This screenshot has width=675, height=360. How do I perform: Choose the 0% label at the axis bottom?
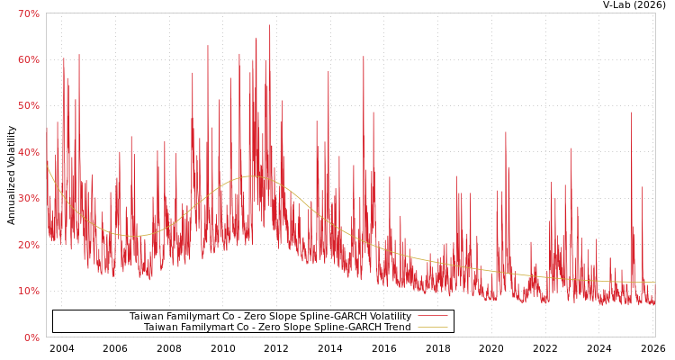[x=31, y=337]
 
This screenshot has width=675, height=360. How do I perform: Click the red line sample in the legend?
[x=432, y=317]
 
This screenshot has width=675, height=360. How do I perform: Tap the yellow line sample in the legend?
[x=432, y=328]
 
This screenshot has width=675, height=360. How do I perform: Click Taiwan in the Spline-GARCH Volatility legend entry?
[x=146, y=317]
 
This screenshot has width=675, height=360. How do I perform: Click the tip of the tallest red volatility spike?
[x=269, y=25]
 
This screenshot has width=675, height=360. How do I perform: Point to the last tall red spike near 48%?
[x=631, y=112]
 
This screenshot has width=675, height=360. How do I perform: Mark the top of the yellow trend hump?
[x=250, y=176]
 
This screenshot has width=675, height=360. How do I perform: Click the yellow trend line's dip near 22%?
[x=132, y=236]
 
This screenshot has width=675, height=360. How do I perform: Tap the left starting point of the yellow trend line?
[x=47, y=166]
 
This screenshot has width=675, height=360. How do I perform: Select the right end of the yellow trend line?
[x=654, y=283]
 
